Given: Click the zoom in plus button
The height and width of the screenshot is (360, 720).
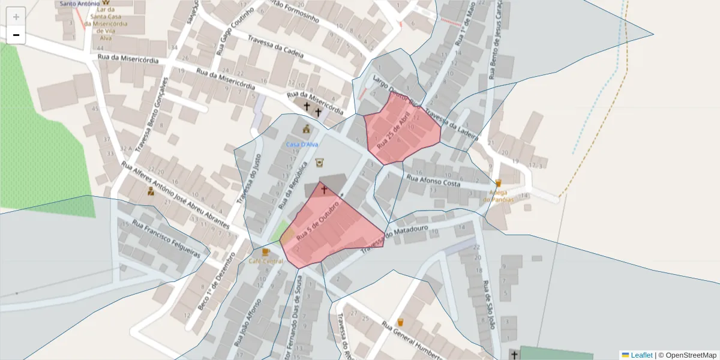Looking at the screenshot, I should coord(16,17).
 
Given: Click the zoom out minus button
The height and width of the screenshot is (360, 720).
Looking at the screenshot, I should coord(16,35).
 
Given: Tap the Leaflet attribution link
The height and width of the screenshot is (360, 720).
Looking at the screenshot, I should coord(641,355).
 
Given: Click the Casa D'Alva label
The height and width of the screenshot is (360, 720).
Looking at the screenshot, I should coord(302,145).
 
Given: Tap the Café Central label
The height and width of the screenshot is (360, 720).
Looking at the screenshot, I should coord(266,261).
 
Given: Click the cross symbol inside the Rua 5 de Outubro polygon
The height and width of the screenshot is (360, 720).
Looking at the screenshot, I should coord(324,190).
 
